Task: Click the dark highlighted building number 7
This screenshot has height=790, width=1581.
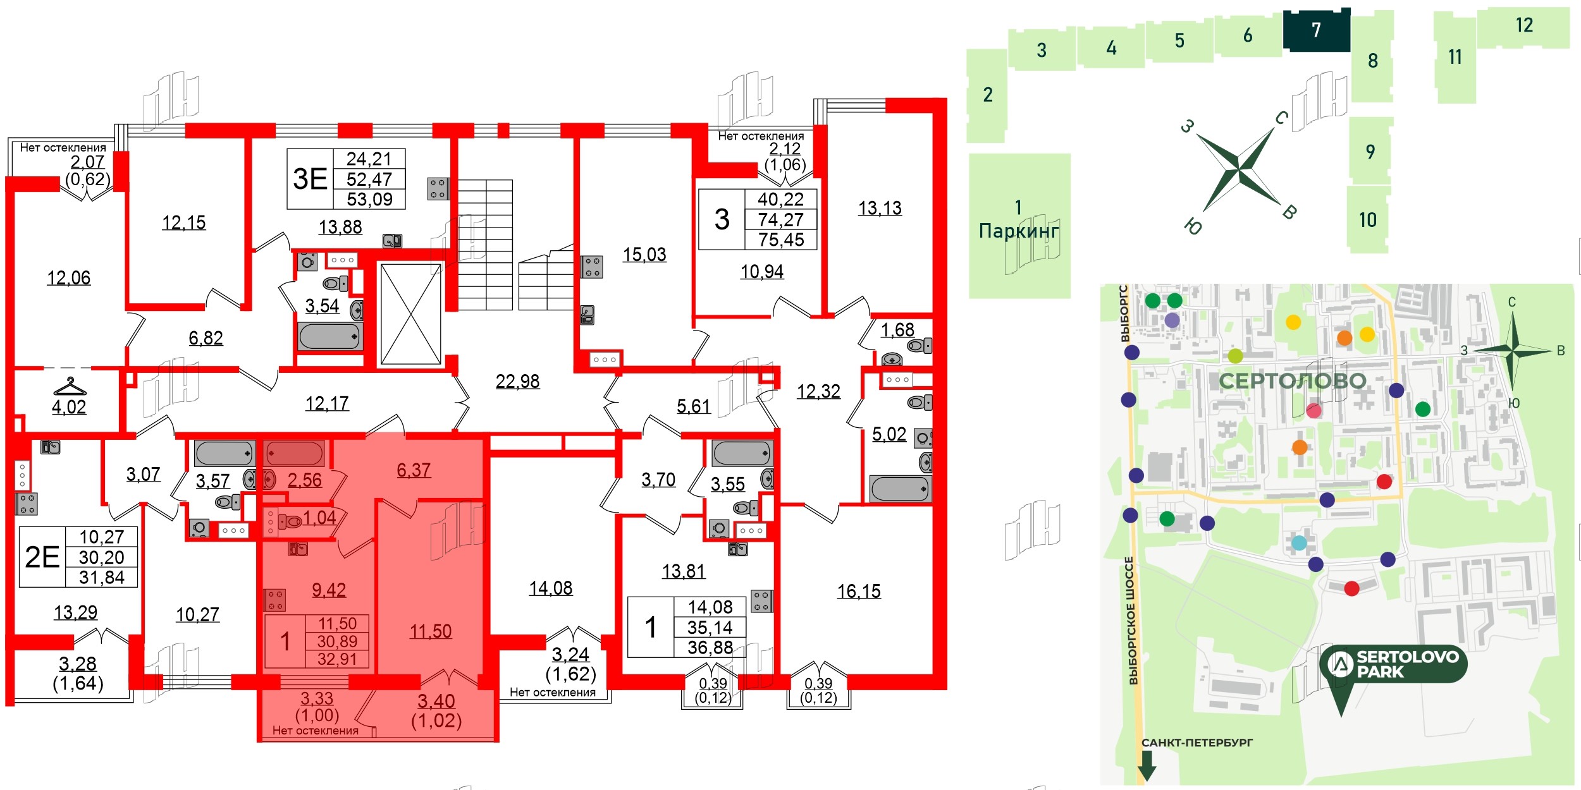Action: tap(1316, 30)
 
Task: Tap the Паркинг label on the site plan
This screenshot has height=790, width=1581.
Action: tap(1018, 231)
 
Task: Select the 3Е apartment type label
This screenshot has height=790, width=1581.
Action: tap(310, 179)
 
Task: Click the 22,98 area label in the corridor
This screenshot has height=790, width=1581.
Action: tap(517, 382)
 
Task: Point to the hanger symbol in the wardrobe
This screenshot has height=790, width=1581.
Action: tap(70, 385)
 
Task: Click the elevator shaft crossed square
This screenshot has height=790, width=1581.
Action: tap(410, 314)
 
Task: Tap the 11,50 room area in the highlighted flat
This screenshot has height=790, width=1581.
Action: tap(430, 631)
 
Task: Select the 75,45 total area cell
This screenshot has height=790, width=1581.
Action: tap(781, 240)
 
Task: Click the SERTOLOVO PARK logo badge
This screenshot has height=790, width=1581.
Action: tap(1393, 664)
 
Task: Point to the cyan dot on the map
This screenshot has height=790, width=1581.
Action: tap(1299, 543)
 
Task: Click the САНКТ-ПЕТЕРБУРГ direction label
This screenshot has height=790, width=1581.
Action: tap(1197, 743)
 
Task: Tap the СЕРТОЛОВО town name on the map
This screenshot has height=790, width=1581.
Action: tap(1293, 380)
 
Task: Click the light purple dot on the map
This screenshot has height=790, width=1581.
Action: tap(1172, 320)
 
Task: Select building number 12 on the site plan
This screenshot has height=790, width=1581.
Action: tap(1524, 26)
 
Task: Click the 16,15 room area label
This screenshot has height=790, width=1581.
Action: tap(858, 592)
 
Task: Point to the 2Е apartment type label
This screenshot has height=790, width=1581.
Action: tap(42, 557)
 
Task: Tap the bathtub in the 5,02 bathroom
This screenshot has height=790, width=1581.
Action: tap(899, 489)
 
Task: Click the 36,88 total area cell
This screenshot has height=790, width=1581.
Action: tap(710, 648)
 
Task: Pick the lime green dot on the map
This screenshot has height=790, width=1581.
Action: tap(1235, 356)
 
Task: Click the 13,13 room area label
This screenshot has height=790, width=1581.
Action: tap(880, 209)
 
